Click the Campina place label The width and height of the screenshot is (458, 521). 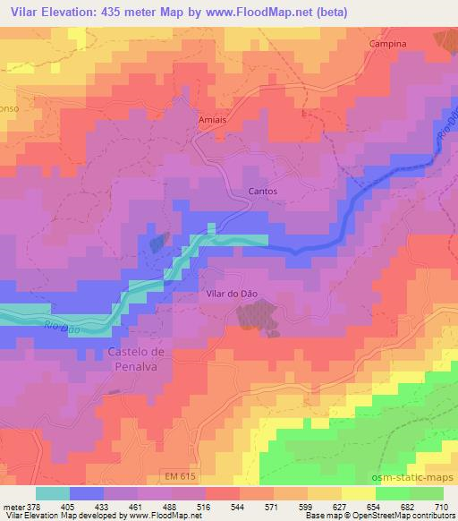387,43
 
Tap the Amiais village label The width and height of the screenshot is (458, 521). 212,116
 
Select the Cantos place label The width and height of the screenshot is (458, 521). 262,192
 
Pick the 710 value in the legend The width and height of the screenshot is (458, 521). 440,506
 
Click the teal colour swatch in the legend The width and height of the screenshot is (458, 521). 53,493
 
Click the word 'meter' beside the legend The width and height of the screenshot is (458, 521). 13,506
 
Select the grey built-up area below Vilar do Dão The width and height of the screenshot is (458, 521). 257,316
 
